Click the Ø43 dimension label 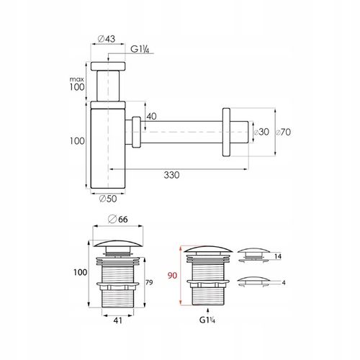(x=107, y=39)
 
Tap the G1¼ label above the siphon (x=140, y=49)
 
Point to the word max (x=77, y=79)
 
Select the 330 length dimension (x=171, y=175)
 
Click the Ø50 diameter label (x=108, y=199)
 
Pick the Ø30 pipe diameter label (x=261, y=132)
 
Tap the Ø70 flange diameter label (x=283, y=132)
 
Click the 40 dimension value (x=151, y=117)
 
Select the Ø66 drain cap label (x=118, y=219)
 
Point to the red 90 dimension (x=172, y=276)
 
